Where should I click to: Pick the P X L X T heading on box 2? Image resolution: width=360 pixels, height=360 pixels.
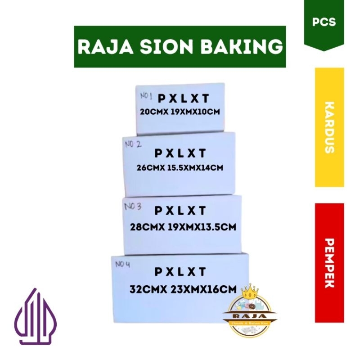[x=180, y=153]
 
